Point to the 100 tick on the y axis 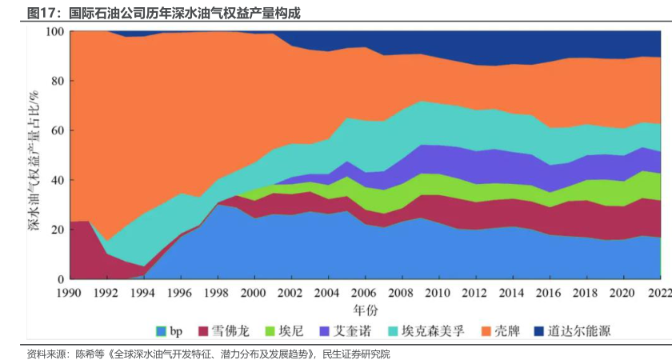[54, 31]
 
